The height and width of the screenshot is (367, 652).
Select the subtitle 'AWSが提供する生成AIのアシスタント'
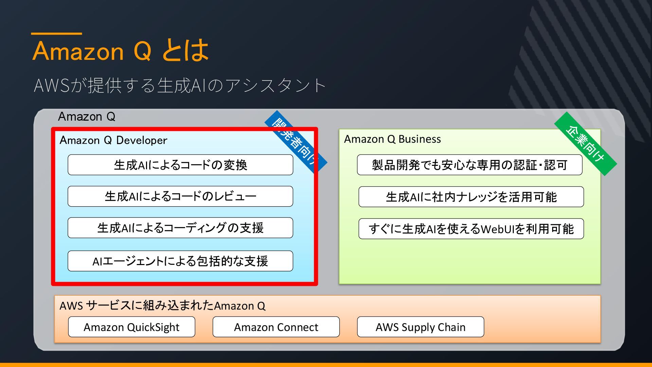(x=180, y=85)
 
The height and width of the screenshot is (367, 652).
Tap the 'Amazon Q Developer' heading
(x=113, y=140)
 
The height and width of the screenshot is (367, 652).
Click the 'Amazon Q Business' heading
(x=392, y=139)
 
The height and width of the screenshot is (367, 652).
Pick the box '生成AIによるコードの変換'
(x=180, y=165)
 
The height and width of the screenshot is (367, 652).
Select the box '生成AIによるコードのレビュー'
(x=180, y=196)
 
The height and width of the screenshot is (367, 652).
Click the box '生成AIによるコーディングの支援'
(x=180, y=228)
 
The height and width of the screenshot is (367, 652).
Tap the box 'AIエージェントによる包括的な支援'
(x=180, y=261)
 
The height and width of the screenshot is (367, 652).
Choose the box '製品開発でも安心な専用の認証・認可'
(x=469, y=165)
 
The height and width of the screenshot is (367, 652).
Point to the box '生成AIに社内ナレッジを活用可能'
(x=471, y=197)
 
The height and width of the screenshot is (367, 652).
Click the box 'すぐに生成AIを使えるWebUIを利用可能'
(x=471, y=229)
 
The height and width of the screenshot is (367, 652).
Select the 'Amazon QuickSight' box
(x=131, y=327)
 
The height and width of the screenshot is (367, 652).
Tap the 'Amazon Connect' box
(x=276, y=327)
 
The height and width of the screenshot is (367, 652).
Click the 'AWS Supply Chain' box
(x=420, y=327)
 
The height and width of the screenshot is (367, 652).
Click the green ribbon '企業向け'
(x=585, y=143)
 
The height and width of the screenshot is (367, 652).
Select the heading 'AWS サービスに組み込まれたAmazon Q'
(x=162, y=306)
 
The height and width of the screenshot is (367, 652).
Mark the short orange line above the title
(x=56, y=34)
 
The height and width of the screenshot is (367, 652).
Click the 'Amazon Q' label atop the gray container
(x=87, y=117)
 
